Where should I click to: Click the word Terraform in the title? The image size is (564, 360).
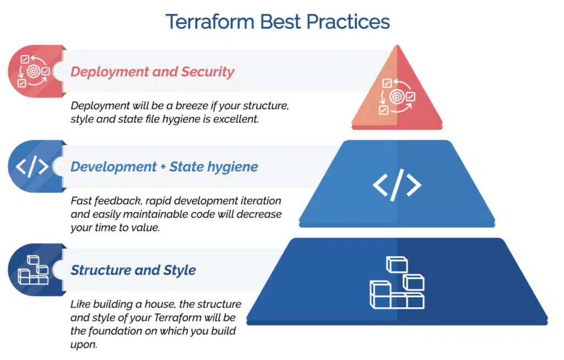pos(210,21)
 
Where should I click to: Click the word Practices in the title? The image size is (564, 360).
pos(348,21)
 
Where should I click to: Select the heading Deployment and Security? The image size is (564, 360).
pos(153,72)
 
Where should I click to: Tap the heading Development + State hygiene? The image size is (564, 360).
pos(164,167)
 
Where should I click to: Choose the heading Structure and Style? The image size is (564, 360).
pos(133,270)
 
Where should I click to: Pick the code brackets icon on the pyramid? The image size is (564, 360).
pos(397,185)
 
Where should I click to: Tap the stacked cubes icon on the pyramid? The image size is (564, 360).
pos(397,282)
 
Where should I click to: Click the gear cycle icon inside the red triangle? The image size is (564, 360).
pos(397,96)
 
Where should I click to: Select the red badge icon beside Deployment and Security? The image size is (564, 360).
pos(35,71)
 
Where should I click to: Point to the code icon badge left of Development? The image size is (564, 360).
pos(35,166)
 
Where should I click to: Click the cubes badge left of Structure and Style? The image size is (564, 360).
pos(35,270)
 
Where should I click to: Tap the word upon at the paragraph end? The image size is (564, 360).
pos(84,345)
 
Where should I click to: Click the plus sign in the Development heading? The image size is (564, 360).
pos(163,167)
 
